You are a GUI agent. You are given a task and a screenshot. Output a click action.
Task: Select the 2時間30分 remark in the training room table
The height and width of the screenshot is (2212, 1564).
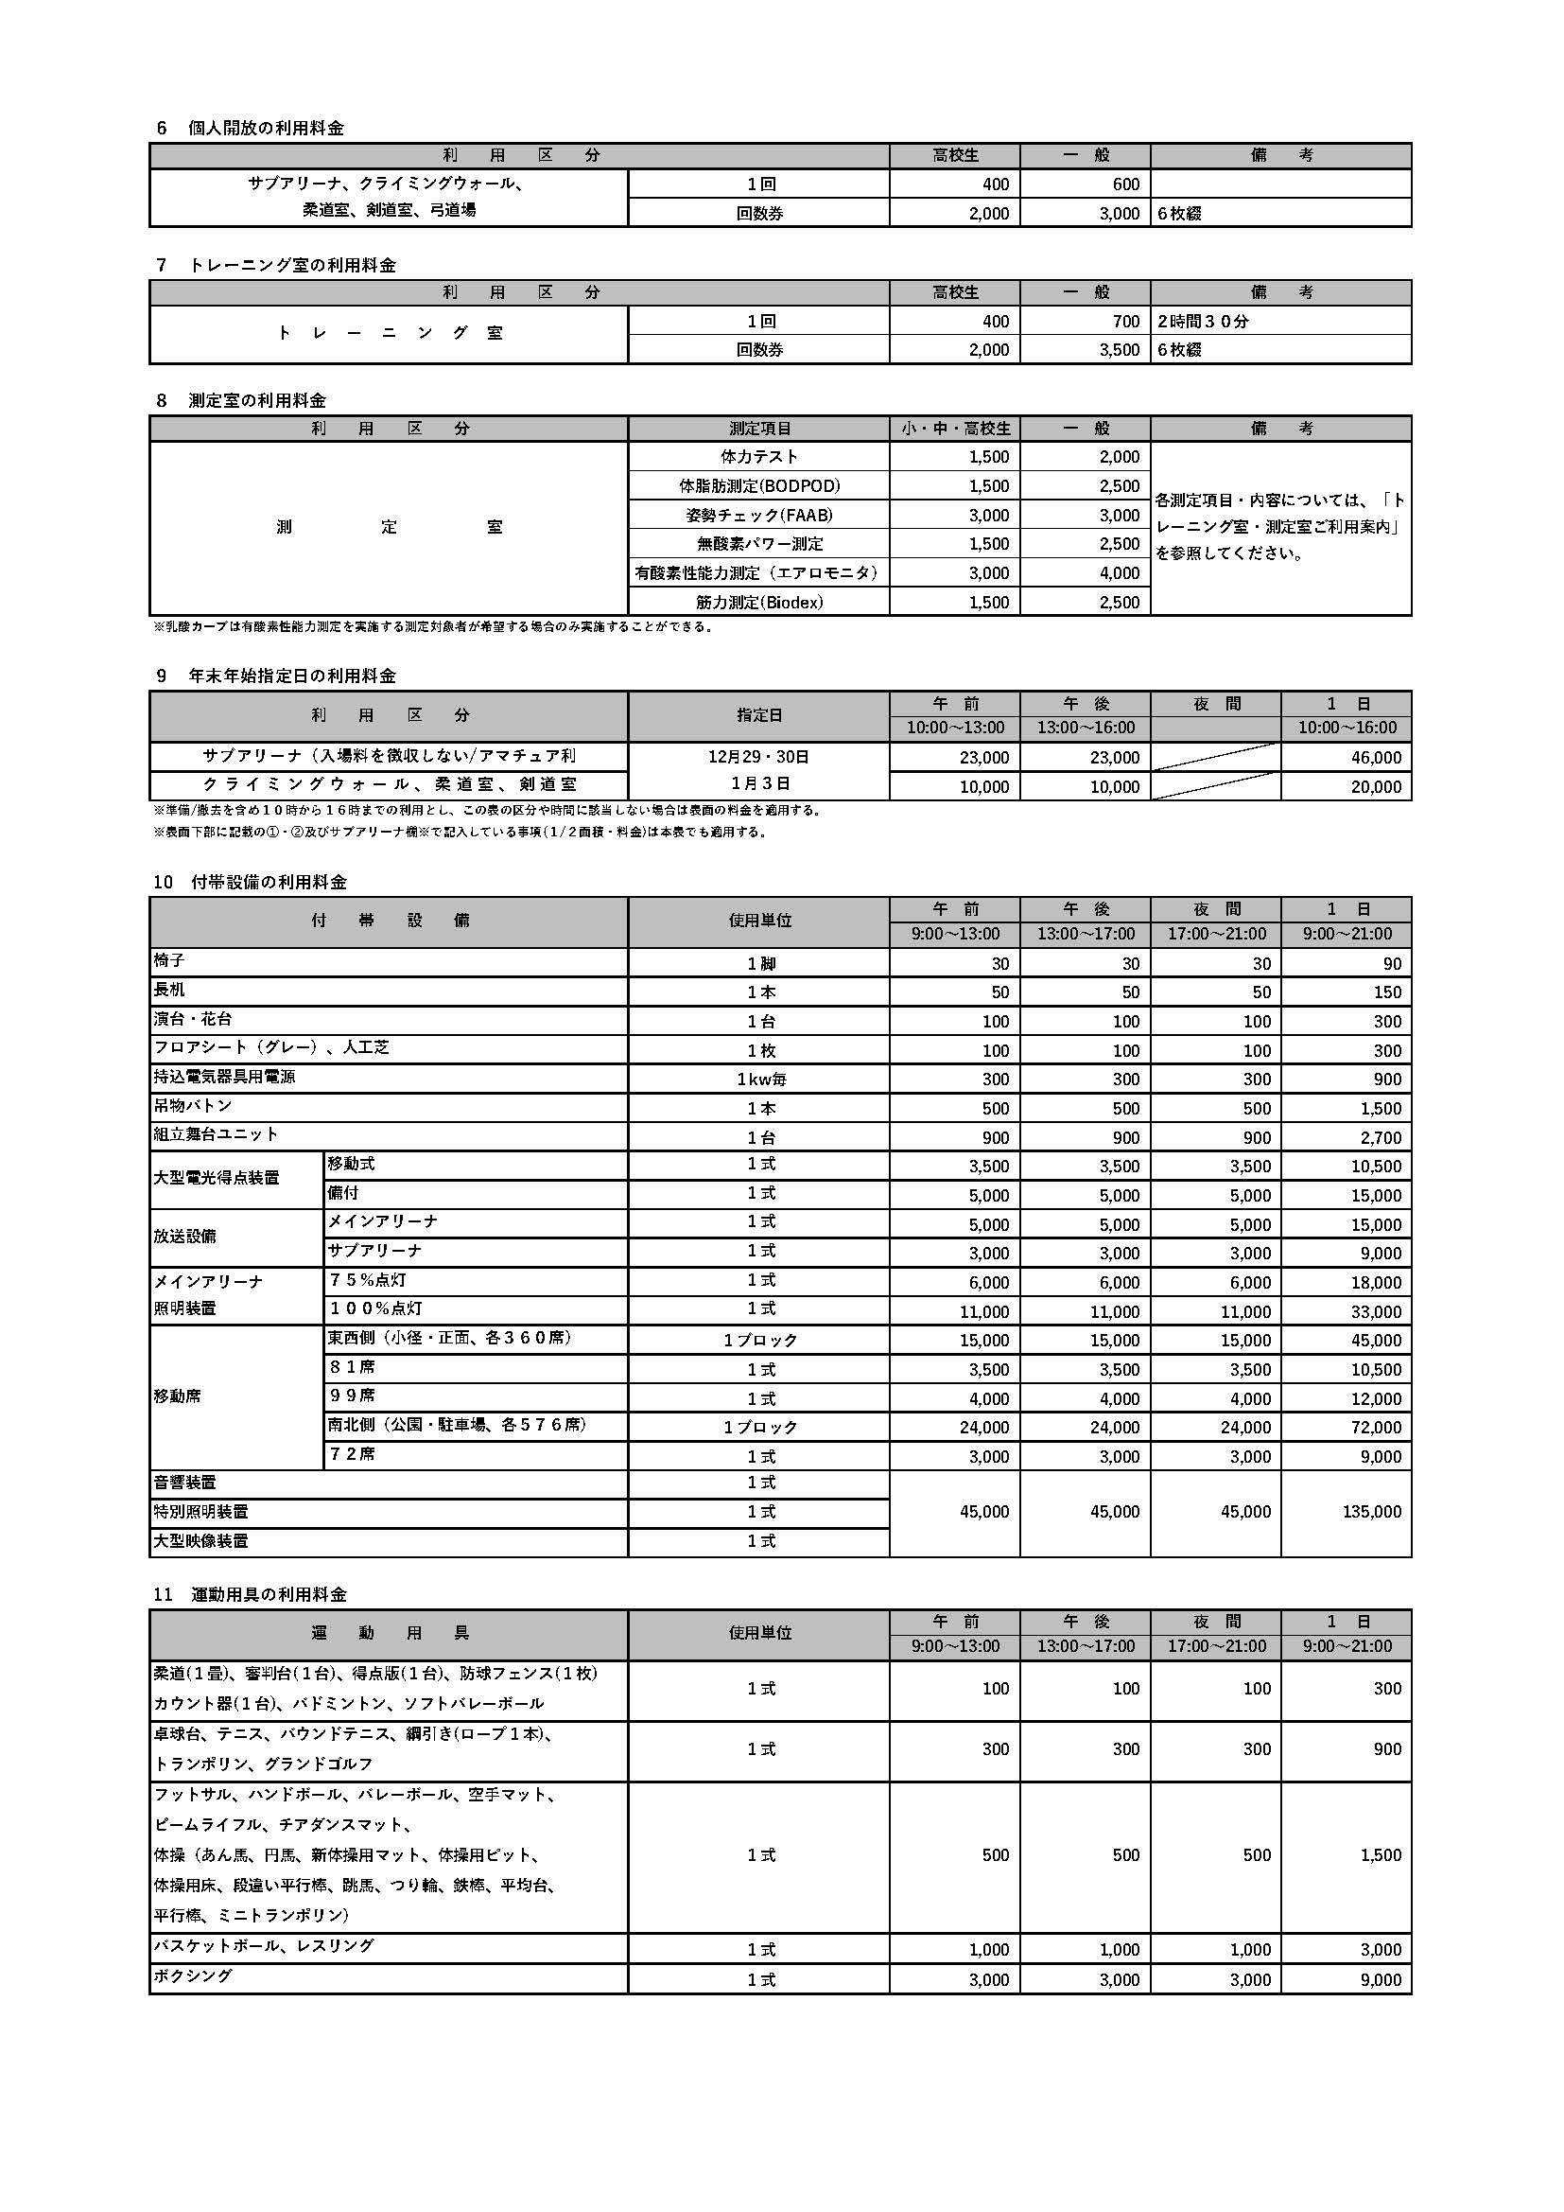(1203, 322)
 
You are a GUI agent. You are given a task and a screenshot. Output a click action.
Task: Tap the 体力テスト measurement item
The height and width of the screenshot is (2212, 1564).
(759, 457)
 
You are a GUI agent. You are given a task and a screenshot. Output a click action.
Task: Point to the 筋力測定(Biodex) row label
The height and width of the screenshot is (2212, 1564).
(759, 602)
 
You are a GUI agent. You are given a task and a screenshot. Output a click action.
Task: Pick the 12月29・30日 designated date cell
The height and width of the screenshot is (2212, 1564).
(759, 757)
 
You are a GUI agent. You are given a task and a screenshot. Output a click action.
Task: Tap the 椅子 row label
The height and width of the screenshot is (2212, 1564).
(169, 961)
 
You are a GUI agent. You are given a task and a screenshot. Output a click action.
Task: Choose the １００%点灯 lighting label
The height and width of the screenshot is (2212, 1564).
(375, 1309)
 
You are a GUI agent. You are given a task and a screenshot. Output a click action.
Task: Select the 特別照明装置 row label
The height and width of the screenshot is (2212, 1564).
(200, 1512)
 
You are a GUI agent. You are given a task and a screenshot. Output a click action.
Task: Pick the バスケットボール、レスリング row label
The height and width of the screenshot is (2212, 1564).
(263, 1946)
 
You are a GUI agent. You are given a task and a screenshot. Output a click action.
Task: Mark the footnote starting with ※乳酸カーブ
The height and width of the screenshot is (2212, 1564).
(432, 627)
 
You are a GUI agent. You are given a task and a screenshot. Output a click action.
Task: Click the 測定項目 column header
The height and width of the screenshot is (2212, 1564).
(759, 429)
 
